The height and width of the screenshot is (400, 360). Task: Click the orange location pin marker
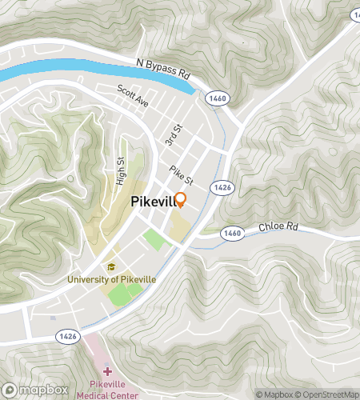[x=180, y=201]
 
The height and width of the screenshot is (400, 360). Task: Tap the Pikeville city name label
[x=156, y=203]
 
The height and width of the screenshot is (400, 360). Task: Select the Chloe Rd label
[x=278, y=228]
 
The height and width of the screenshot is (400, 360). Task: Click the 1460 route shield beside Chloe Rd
[x=232, y=233]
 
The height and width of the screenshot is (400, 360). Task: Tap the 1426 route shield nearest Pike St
[x=223, y=186]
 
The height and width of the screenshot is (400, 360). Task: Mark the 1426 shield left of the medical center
[x=66, y=338]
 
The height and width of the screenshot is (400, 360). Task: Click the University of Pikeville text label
[x=111, y=280]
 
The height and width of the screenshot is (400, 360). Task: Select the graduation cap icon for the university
[x=111, y=267]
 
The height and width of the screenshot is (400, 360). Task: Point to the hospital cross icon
[x=107, y=372]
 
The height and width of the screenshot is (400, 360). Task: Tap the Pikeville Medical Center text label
[x=107, y=390]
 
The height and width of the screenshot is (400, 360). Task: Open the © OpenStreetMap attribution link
[x=327, y=394]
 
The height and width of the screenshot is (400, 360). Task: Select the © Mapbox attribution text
[x=274, y=394]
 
